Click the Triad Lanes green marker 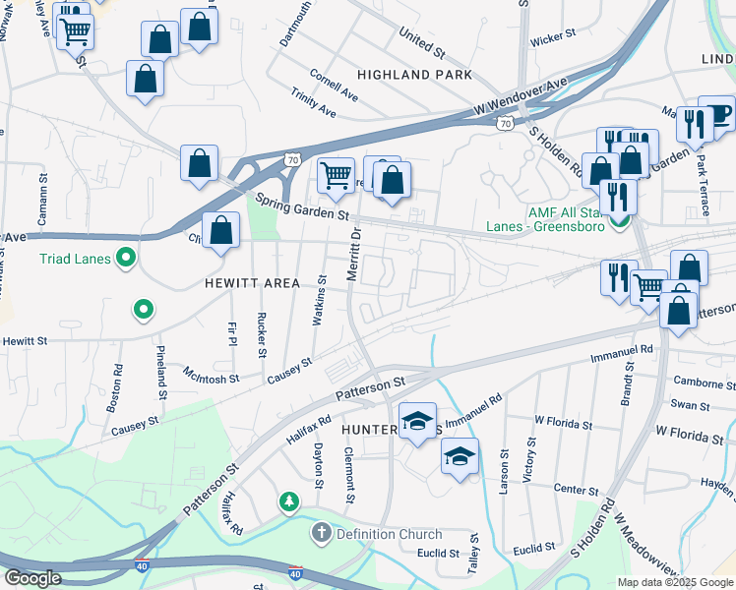[125, 260]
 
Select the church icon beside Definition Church [320, 535]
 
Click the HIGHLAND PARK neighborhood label [414, 75]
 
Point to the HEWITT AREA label [252, 283]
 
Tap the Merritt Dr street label [356, 254]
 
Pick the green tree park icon [288, 502]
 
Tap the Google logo [32, 578]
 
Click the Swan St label [690, 405]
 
